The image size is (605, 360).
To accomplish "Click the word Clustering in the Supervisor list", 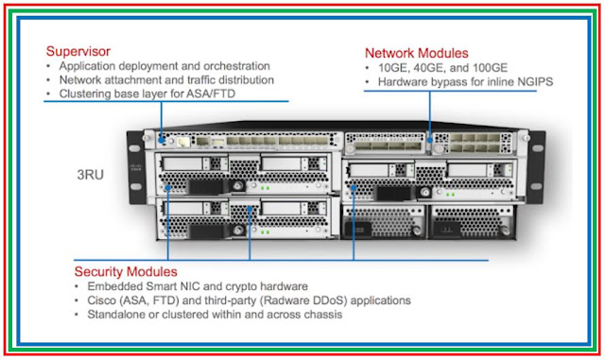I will point(87,94).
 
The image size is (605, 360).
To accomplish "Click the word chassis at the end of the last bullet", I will point(320,315).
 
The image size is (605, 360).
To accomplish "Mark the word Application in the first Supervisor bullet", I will point(90,66).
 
